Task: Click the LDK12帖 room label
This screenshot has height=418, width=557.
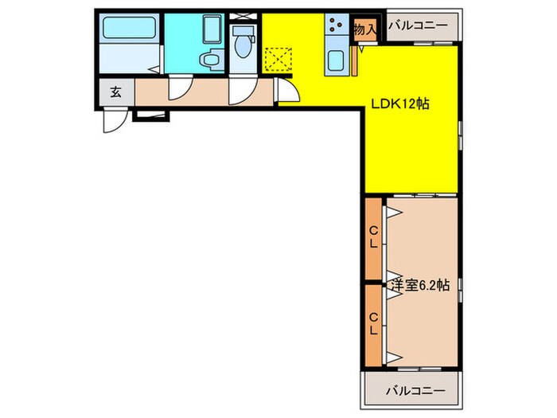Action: point(400,104)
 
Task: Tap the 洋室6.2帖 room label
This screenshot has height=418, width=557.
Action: point(420,285)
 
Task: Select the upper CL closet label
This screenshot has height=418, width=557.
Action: point(373,237)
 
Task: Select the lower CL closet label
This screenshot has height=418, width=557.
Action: point(373,324)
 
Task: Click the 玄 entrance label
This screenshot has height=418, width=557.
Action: point(116,92)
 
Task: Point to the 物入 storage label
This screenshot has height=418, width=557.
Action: point(364,29)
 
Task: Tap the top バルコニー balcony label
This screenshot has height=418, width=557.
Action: point(418,25)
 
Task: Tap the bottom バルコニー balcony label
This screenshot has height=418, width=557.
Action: point(415,391)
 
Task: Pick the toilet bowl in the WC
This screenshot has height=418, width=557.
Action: point(243,45)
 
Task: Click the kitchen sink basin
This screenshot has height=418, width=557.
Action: point(335,61)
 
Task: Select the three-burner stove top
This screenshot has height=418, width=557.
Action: point(336,25)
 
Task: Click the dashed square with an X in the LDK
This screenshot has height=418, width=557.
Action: point(278,60)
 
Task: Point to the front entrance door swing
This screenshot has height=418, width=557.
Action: point(114,120)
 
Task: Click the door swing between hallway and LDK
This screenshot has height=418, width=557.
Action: point(288,91)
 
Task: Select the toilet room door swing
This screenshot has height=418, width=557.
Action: point(243,90)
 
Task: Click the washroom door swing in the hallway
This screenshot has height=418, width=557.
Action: point(180,88)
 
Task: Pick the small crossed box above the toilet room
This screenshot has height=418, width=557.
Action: point(243,17)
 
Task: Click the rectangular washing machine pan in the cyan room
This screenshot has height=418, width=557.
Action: point(212,28)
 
